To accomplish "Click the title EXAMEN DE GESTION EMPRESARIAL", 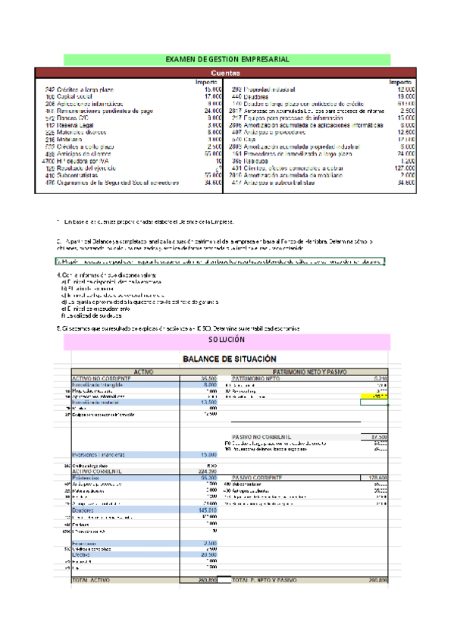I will pyautogui.click(x=227, y=59).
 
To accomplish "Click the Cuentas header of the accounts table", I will pyautogui.click(x=226, y=73).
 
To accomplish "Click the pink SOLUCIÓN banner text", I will pyautogui.click(x=227, y=341).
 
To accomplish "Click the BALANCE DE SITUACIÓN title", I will pyautogui.click(x=227, y=358).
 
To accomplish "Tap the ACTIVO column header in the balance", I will pyautogui.click(x=144, y=371).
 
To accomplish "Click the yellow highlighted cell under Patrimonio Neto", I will pyautogui.click(x=375, y=396).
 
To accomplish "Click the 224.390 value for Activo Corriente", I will pyautogui.click(x=206, y=470).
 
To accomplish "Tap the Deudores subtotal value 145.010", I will pyautogui.click(x=206, y=510).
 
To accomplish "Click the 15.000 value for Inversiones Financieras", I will pyautogui.click(x=208, y=454).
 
